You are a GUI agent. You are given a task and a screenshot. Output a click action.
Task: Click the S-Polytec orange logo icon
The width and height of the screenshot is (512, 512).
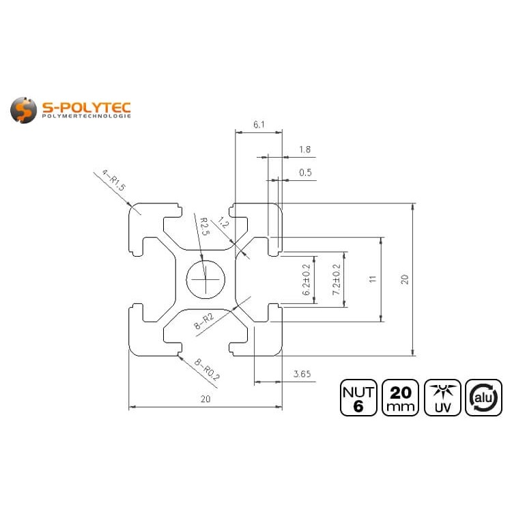[24, 109]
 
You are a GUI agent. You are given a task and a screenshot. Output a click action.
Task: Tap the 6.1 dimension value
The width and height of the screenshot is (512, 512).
[259, 124]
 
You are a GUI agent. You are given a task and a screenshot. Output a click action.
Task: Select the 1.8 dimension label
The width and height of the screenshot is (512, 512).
[305, 150]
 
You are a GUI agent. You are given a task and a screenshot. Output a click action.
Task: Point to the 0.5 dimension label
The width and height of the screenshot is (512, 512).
[305, 173]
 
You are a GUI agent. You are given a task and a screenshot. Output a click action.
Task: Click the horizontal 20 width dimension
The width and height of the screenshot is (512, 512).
[205, 400]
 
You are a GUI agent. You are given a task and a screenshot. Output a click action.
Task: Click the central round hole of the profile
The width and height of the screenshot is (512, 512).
[205, 279]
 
